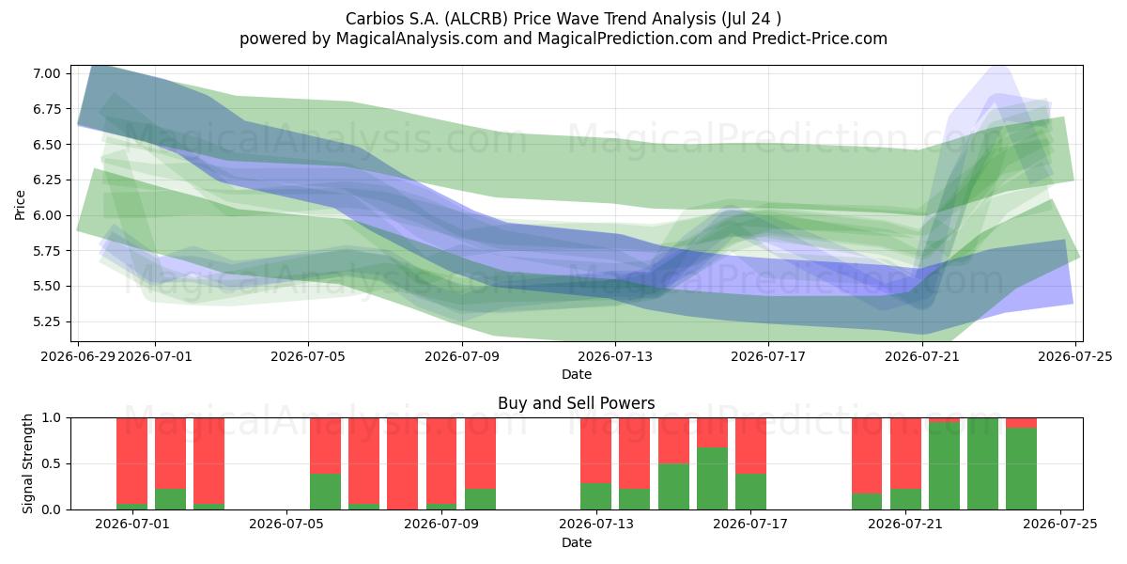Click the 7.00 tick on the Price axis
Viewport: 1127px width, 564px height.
coord(46,73)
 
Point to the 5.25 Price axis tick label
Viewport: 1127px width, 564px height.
coord(46,321)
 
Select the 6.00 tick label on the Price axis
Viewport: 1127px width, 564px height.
coord(46,215)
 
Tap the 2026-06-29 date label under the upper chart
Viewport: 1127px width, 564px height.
coord(78,356)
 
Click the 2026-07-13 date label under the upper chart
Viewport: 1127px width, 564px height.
coord(615,356)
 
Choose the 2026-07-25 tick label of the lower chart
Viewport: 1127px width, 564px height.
coord(1060,525)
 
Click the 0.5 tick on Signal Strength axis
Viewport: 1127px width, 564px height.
coord(51,463)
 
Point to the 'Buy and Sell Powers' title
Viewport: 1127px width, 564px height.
coord(576,403)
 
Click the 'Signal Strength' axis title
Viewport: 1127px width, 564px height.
coord(27,463)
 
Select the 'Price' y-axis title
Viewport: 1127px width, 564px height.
coord(20,205)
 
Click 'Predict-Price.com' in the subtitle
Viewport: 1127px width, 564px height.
coord(820,39)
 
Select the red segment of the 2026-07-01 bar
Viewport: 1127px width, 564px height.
coord(131,461)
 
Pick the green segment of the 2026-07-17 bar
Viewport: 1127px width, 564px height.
coord(750,492)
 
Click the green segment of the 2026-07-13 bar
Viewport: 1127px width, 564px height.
coord(595,496)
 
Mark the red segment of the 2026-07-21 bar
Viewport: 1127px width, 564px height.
coord(905,453)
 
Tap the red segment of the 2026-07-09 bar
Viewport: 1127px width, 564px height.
coord(441,461)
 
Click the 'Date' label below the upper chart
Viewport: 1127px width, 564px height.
coord(576,374)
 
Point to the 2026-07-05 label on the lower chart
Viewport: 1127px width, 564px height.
coord(286,525)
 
